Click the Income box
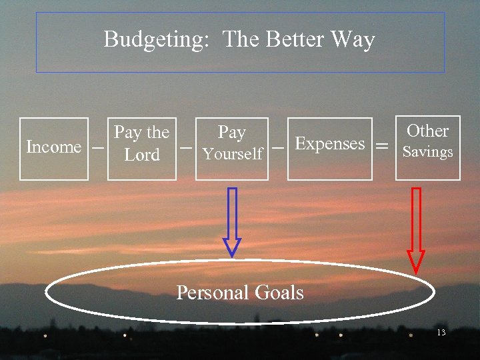point(53,148)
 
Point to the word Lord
point(142,155)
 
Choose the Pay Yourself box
point(232,148)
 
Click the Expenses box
point(329,148)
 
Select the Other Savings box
point(427,148)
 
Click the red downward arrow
point(416,230)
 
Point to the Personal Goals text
point(239,292)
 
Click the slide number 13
point(441,332)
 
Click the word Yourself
point(233,155)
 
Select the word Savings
point(427,152)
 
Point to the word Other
point(427,131)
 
